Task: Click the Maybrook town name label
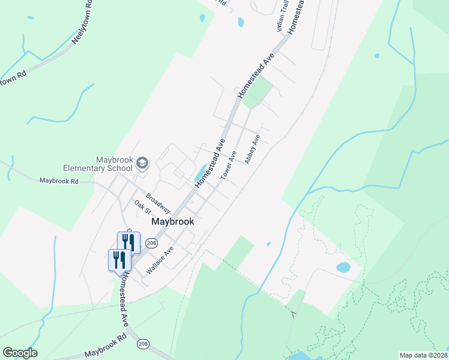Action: tap(173, 221)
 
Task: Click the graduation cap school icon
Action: tap(142, 163)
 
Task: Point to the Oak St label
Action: tap(142, 207)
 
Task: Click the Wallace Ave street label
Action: tap(160, 259)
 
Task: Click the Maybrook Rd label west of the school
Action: tap(59, 181)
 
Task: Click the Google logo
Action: tap(20, 353)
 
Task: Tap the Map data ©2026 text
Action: tap(423, 355)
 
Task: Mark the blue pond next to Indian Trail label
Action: tap(241, 22)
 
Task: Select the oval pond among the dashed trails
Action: tap(343, 267)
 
